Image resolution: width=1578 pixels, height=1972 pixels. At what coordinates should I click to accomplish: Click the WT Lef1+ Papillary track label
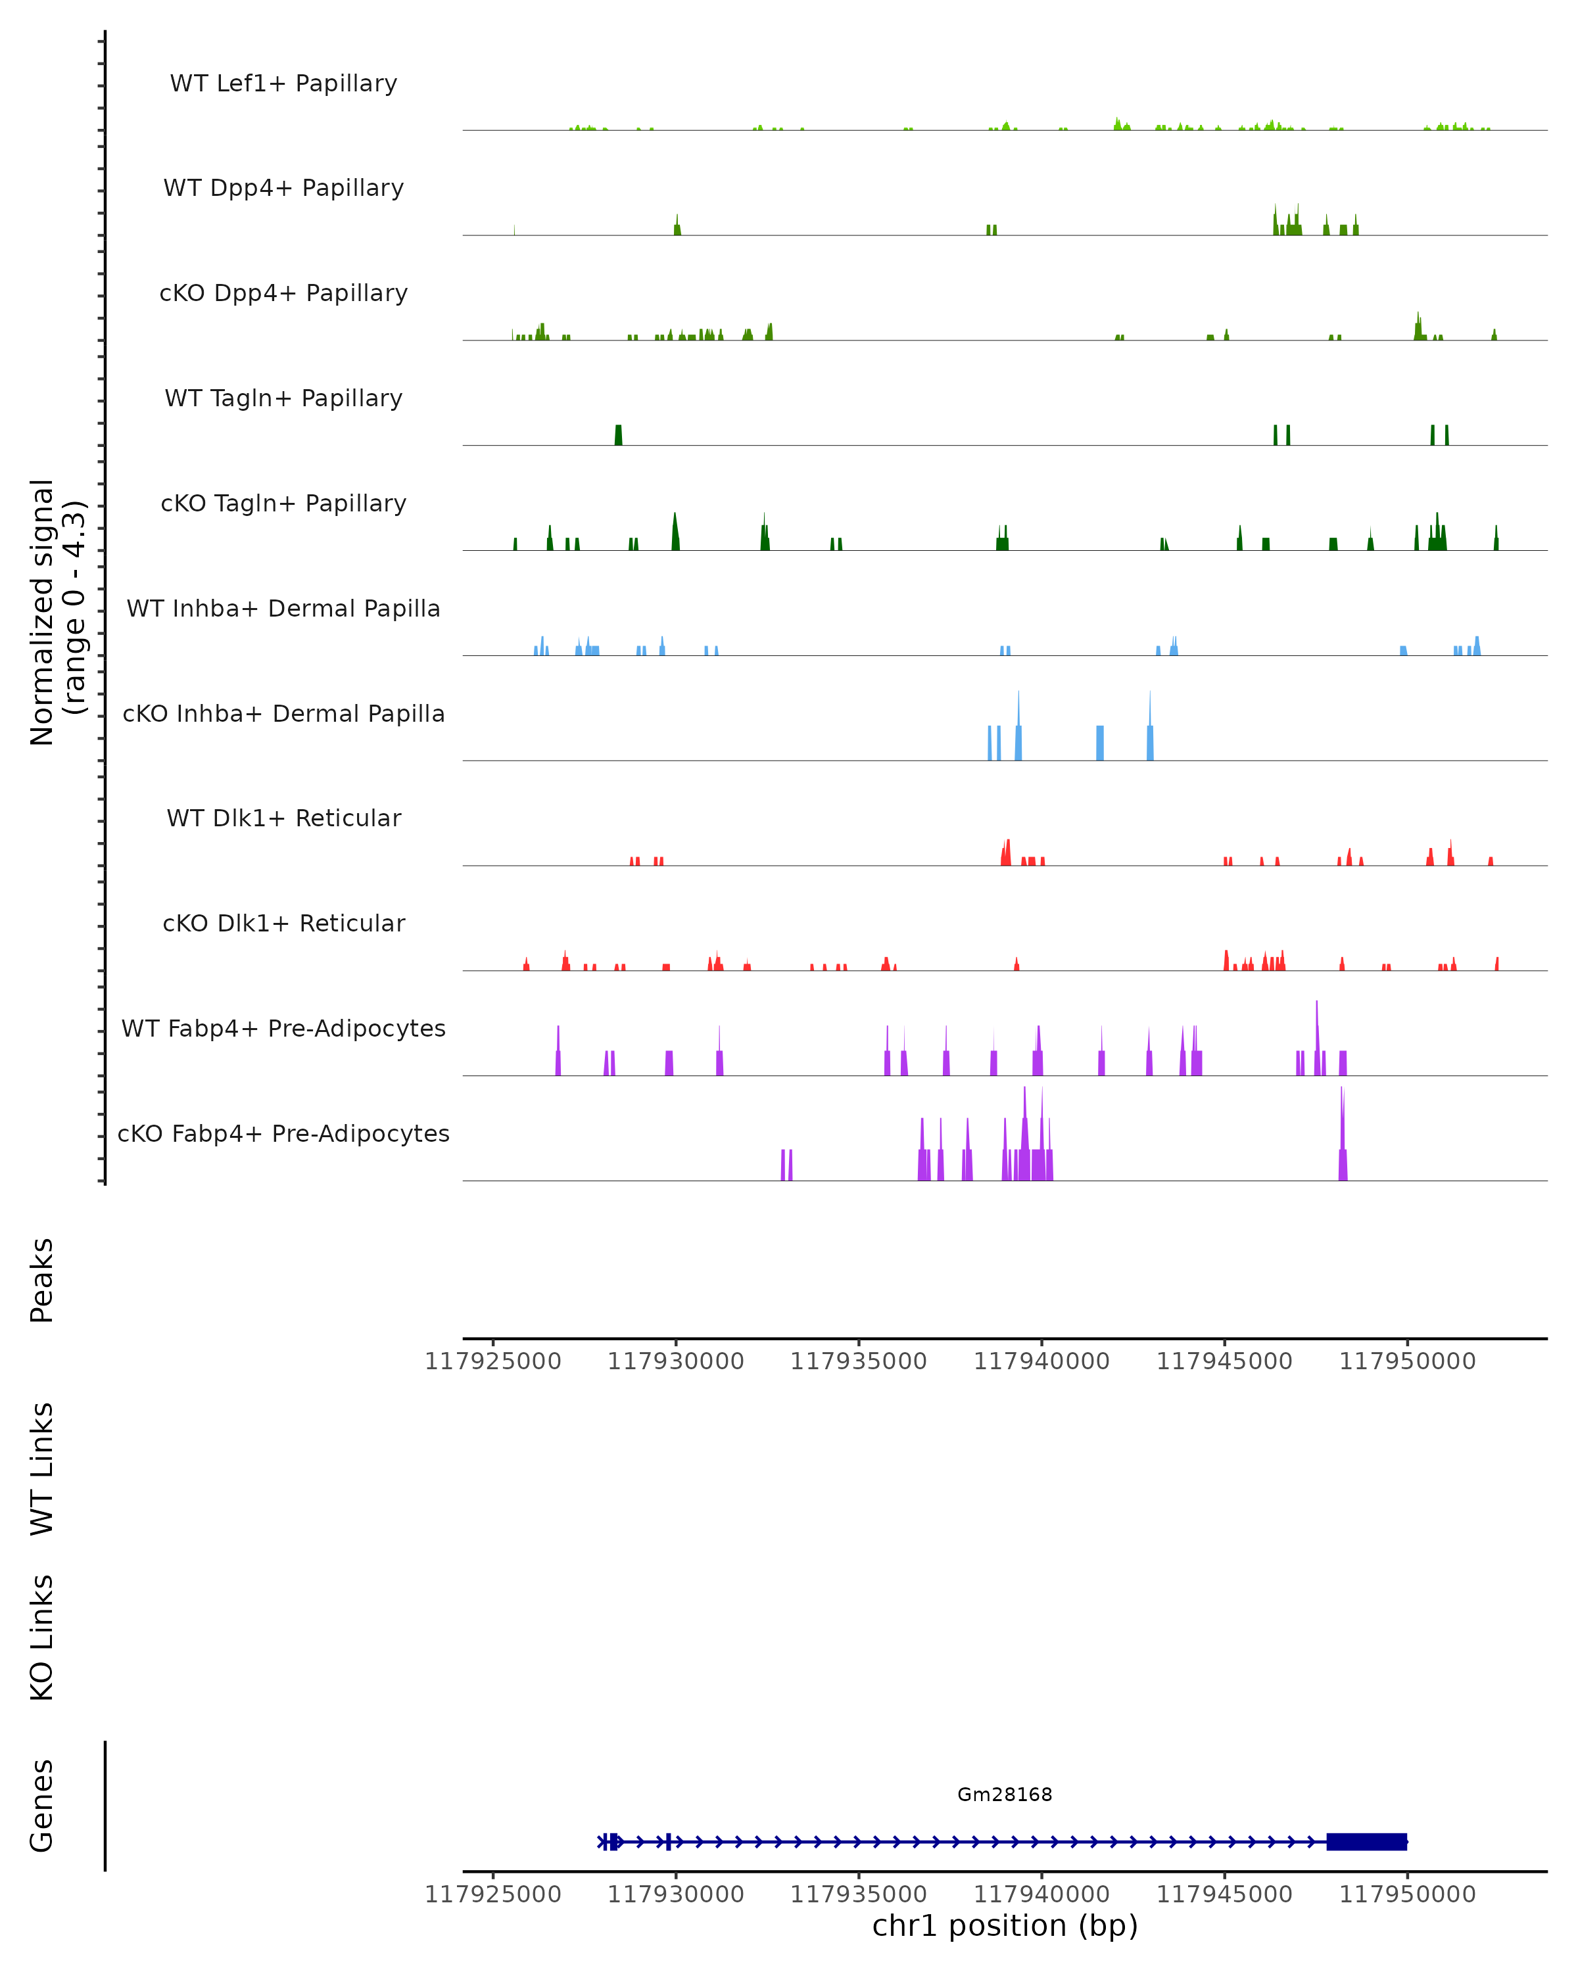pos(283,84)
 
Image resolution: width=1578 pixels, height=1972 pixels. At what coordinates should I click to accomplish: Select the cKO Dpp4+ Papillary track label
pos(283,294)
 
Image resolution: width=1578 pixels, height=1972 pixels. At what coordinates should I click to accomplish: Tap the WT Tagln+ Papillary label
pos(283,399)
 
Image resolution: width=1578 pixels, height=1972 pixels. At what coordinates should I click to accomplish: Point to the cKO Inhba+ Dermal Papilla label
pos(283,715)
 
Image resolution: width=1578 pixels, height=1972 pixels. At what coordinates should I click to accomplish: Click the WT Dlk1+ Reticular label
pos(283,818)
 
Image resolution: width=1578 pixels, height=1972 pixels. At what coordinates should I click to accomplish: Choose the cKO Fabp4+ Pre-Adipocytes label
pos(283,1134)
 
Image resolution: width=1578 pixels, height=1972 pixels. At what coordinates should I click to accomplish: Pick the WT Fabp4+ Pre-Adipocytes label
pos(283,1029)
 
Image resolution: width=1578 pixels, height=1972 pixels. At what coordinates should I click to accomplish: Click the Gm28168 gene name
pos(1005,1795)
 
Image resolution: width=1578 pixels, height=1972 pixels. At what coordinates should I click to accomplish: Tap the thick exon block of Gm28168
pos(1367,1842)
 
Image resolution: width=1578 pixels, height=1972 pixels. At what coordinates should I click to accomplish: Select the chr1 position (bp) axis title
pos(1005,1926)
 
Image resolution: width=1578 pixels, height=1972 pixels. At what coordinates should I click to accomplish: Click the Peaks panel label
pos(42,1280)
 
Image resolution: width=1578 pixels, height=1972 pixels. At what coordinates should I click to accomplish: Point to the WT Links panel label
pos(42,1469)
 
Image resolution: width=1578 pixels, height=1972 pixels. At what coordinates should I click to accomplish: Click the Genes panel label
pos(42,1806)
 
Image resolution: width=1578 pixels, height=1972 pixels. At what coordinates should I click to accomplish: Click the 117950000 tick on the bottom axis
pos(1407,1895)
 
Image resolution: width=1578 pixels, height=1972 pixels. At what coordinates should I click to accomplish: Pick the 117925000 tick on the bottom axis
pos(493,1895)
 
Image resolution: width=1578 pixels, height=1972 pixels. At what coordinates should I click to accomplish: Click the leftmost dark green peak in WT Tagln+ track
pos(619,435)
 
